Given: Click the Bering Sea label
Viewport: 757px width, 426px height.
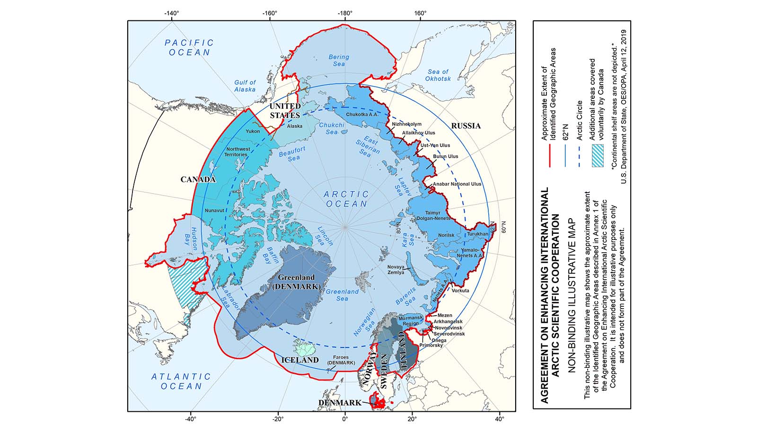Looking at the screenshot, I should click(339, 60).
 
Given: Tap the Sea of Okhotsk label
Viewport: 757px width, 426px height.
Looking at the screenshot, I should click(438, 75).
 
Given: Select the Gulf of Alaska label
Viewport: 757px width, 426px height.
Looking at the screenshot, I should click(245, 86).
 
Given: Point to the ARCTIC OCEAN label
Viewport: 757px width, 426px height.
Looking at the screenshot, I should click(346, 199).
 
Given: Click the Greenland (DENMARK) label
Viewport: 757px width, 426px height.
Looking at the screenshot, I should click(296, 282).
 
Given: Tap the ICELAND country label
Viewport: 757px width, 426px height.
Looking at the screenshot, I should click(300, 360).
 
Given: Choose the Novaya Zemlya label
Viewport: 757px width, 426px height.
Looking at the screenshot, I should click(396, 270).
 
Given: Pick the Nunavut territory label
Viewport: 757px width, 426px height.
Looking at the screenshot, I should click(214, 211).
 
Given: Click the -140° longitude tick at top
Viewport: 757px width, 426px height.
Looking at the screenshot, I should click(172, 13).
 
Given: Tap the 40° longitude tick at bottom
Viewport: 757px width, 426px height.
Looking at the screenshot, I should click(499, 419).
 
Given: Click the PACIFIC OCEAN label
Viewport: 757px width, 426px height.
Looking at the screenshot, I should click(189, 47).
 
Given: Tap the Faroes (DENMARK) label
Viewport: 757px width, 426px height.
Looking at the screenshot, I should click(341, 360).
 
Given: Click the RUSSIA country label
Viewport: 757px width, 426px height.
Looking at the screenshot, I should click(466, 126).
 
